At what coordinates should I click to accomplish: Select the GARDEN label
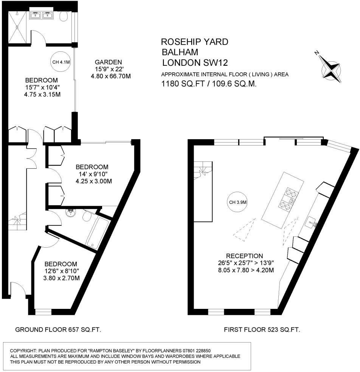point(108,62)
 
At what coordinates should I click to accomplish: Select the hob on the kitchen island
point(288,199)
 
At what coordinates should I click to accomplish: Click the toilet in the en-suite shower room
point(64,17)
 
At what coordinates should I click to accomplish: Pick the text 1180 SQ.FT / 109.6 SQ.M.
point(209,84)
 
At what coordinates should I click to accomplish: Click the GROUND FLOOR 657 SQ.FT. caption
point(58,330)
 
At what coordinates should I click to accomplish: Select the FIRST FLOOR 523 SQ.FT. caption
point(262,330)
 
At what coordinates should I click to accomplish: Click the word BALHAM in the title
point(180,52)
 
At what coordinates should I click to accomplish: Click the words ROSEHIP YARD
point(195,42)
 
